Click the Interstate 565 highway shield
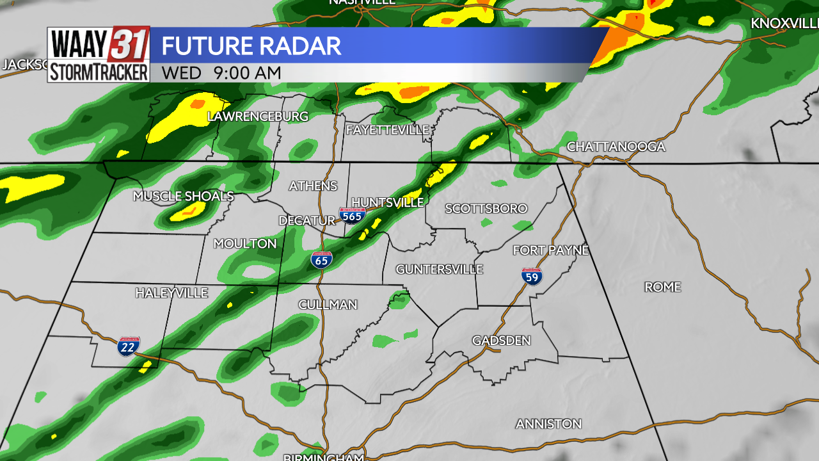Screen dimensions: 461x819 [352, 215]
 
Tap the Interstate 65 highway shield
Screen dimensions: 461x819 [321, 259]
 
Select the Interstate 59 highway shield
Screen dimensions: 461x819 [532, 276]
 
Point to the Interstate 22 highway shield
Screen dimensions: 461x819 [129, 346]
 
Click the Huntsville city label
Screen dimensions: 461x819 [387, 202]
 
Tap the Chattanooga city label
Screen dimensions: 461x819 [616, 147]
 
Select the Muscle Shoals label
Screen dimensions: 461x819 [183, 196]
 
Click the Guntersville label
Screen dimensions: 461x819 [439, 269]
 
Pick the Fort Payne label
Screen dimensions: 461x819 [550, 250]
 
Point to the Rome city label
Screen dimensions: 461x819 [662, 287]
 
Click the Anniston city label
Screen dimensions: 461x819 [548, 424]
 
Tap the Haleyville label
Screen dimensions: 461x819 [171, 293]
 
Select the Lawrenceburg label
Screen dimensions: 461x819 [258, 117]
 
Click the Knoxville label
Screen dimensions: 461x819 [784, 23]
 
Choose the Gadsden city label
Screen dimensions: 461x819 [501, 341]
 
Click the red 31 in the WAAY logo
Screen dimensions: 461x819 [131, 44]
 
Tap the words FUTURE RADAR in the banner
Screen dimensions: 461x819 [251, 46]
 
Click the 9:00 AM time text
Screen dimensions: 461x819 [248, 73]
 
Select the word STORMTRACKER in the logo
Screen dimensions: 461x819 [99, 72]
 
